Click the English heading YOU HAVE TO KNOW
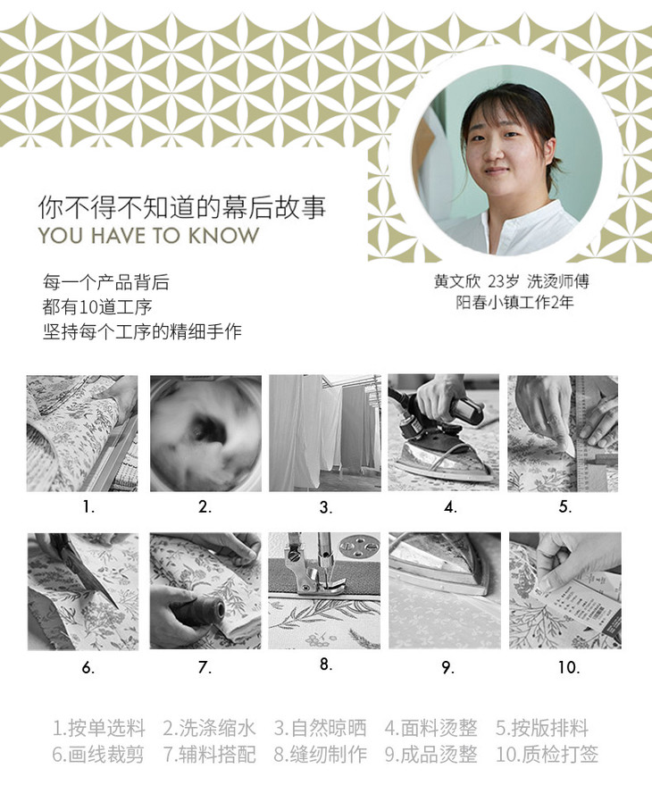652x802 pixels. click(149, 236)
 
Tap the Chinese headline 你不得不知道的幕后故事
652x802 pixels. click(182, 207)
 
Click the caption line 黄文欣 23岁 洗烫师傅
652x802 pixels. click(512, 280)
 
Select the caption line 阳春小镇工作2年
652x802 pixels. click(514, 302)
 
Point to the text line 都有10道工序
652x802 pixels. click(97, 307)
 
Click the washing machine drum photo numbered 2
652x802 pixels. click(205, 433)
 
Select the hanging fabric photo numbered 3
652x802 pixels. click(325, 433)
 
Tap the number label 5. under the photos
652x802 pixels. click(565, 507)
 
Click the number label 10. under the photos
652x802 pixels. click(569, 667)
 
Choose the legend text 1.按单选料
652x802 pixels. click(99, 727)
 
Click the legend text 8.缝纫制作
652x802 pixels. click(320, 755)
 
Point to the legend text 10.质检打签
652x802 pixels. click(547, 755)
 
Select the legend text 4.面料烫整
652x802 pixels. click(430, 727)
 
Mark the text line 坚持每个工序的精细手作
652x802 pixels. click(142, 331)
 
